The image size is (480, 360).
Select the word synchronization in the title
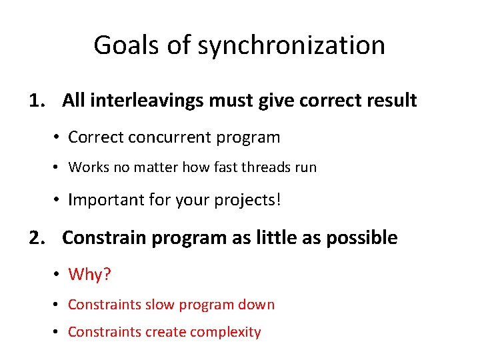291,46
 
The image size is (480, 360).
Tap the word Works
89,167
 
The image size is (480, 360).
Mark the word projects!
250,200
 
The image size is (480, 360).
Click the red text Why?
89,274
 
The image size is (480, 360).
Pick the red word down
257,305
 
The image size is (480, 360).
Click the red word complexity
228,332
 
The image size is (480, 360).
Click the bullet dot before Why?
59,275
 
